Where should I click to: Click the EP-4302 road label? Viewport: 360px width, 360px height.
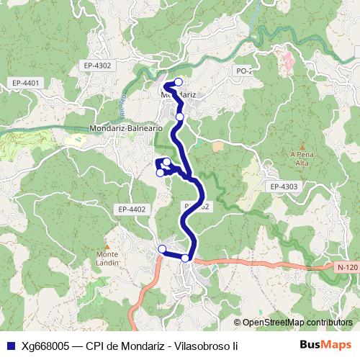pos(97,66)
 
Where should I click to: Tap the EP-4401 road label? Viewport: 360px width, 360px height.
pos(25,84)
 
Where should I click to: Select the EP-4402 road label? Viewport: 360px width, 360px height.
pos(131,210)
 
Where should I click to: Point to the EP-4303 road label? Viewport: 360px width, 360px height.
pos(284,186)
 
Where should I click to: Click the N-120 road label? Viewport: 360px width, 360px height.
pos(346,267)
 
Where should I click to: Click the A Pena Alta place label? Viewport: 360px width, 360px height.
pos(299,158)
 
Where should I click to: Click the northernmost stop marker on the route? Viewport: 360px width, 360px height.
pos(179,81)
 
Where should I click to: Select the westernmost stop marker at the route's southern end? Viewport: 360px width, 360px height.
pos(162,249)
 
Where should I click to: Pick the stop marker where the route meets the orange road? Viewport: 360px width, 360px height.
pos(185,258)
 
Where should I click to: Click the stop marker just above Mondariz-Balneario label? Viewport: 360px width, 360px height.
pos(180,117)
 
